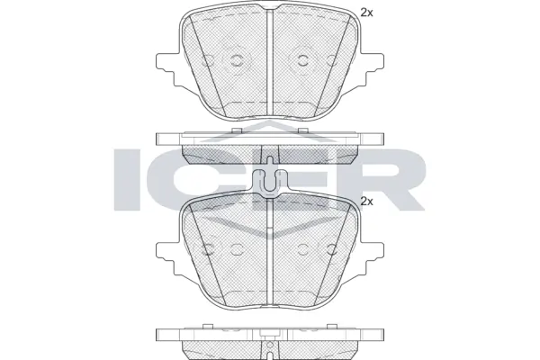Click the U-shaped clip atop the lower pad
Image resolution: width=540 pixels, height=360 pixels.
pyautogui.click(x=271, y=183)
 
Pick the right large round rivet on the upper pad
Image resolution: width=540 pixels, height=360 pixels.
pyautogui.click(x=302, y=61)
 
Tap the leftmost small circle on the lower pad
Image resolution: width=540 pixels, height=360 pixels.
pyautogui.click(x=210, y=249)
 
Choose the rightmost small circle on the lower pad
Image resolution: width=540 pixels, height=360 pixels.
pyautogui.click(x=331, y=249)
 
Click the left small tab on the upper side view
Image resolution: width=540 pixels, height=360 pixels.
pyautogui.click(x=235, y=131)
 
